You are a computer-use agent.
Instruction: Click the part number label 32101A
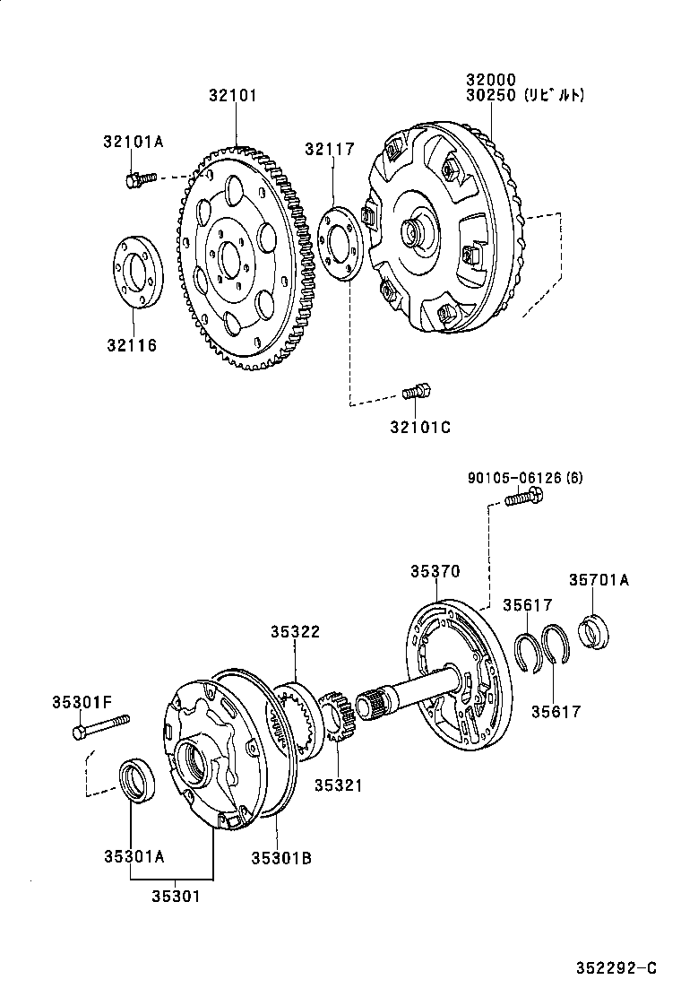pyautogui.click(x=133, y=141)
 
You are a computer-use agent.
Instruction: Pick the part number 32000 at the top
pyautogui.click(x=489, y=79)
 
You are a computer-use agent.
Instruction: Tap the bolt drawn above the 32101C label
pyautogui.click(x=418, y=391)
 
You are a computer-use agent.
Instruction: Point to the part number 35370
pyautogui.click(x=435, y=570)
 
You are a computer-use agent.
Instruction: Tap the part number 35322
pyautogui.click(x=296, y=632)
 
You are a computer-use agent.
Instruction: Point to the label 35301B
pyautogui.click(x=280, y=858)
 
